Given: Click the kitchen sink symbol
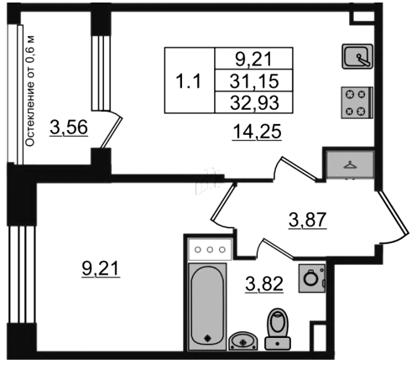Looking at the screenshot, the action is (x=357, y=56).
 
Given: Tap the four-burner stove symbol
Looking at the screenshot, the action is (x=357, y=102).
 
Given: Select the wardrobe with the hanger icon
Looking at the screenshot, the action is (x=350, y=164).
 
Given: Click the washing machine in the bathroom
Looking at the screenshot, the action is (x=312, y=278).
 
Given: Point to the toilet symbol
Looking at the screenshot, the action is (x=278, y=329).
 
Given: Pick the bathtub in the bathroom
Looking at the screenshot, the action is (x=207, y=306).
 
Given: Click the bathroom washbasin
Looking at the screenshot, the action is (x=243, y=340).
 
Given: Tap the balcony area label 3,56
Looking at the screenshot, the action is (x=69, y=127).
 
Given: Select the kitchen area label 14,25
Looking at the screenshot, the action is (x=257, y=132).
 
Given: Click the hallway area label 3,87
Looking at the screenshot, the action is (x=308, y=220).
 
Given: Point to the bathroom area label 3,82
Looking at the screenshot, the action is (x=264, y=284).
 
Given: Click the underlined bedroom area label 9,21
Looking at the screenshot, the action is (x=101, y=269).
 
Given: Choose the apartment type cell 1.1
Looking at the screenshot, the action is (x=190, y=81).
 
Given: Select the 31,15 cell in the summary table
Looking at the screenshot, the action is (x=254, y=81).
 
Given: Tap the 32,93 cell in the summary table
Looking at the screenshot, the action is (x=254, y=102).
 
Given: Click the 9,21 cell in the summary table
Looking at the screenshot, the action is (x=254, y=59).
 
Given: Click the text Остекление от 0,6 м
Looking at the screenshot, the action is (x=30, y=91).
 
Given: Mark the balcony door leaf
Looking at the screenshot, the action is (x=111, y=133).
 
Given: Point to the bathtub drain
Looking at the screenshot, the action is (x=207, y=339).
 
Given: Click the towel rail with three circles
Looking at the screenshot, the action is (x=210, y=249).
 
